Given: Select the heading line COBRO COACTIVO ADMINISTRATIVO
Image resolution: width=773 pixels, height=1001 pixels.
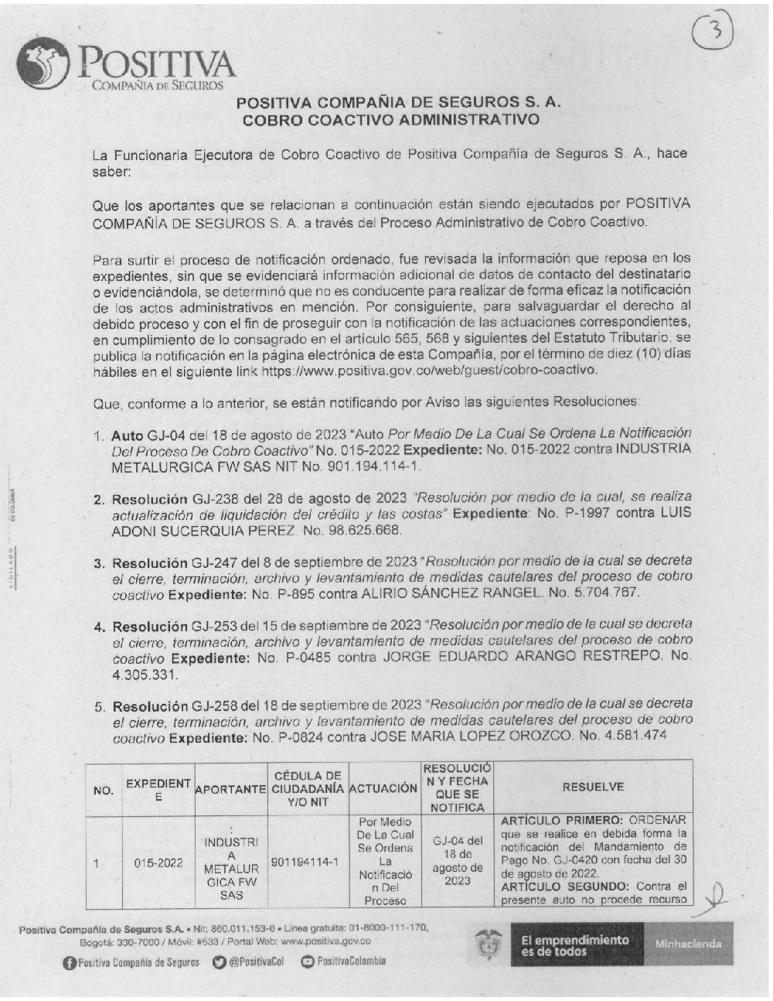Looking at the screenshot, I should [390, 121].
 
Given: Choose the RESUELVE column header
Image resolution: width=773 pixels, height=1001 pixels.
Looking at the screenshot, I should [593, 787].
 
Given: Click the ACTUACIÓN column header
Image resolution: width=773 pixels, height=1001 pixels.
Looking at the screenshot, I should [383, 788].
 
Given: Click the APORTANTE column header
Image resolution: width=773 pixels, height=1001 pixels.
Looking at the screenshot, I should [230, 789].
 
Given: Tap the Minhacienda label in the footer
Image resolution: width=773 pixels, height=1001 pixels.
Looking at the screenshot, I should [688, 944].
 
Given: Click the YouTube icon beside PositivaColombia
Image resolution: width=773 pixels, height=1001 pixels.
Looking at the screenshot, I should [307, 962].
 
